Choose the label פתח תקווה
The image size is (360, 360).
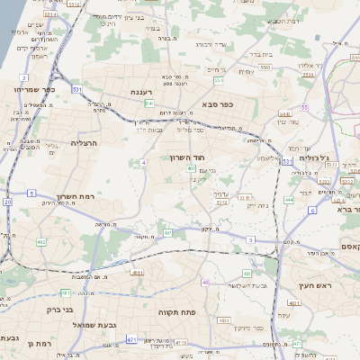pos(172,312)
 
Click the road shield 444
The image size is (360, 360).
pos(289,199)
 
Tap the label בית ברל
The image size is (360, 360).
pos(259,52)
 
